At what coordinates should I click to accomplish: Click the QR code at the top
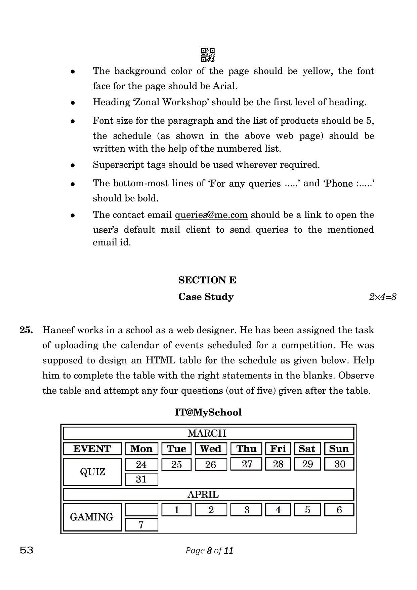point(208,55)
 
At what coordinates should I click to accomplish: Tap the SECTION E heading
point(207,280)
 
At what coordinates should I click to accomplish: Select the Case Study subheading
point(206,297)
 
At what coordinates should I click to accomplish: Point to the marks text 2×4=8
point(382,297)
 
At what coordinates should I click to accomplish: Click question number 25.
point(26,330)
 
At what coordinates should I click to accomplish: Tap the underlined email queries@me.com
point(211,214)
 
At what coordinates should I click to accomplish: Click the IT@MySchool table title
point(208,412)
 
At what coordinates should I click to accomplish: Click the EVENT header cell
point(92,449)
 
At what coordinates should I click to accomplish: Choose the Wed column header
point(211,449)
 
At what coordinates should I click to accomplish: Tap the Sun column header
point(339,449)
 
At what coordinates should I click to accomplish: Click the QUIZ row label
point(92,472)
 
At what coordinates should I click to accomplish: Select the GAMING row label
point(92,517)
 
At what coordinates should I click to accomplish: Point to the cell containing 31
point(141,479)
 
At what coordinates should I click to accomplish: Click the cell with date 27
point(247,464)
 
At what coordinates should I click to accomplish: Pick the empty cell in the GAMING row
point(141,510)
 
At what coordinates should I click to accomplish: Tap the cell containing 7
point(141,524)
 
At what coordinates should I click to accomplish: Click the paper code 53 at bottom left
point(27,550)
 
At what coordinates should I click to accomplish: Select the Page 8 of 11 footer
point(209,550)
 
